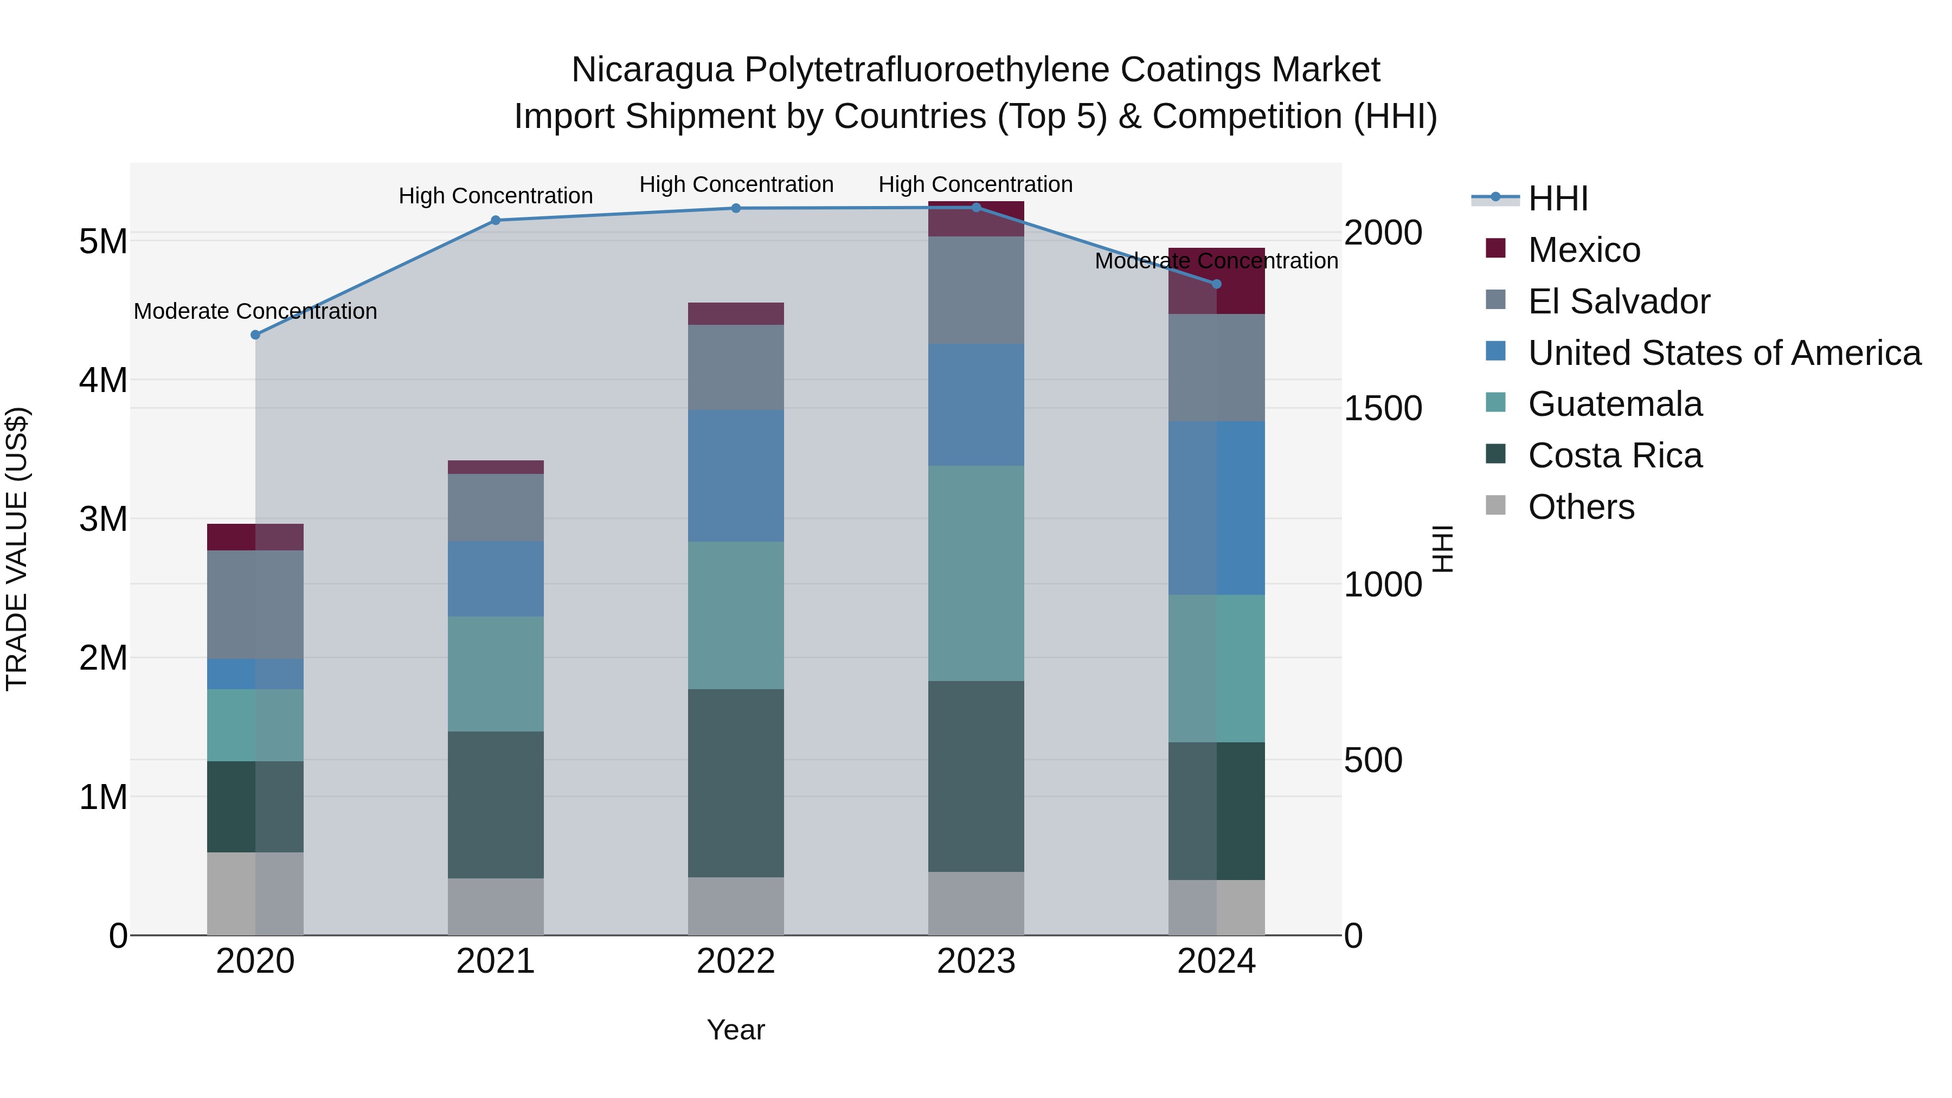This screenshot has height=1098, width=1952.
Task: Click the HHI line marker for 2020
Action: tap(255, 335)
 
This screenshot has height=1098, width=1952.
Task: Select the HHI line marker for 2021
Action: tap(496, 221)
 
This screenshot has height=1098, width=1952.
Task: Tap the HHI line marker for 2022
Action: tap(736, 208)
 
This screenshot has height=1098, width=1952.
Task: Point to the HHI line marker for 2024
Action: tap(1217, 284)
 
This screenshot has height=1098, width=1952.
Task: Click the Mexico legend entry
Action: tap(1584, 250)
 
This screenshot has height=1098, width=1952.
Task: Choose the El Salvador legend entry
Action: tap(1619, 301)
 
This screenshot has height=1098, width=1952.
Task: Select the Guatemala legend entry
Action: tap(1615, 404)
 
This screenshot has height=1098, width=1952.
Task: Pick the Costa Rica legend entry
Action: tap(1615, 455)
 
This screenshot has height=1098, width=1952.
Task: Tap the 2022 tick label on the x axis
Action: tap(736, 961)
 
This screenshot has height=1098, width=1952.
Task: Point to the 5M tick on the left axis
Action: tap(103, 242)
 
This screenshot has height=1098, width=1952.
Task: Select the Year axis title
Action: tap(736, 1030)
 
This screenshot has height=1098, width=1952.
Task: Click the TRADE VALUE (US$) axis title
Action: tap(17, 549)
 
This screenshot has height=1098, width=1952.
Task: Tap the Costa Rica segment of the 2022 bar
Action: tap(736, 783)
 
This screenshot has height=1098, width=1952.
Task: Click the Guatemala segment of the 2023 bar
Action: tap(976, 573)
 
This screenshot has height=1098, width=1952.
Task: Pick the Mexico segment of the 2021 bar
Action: tap(496, 467)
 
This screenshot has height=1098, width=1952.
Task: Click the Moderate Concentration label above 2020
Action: tap(255, 311)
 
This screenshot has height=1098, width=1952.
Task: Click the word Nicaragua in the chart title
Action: tap(652, 70)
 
